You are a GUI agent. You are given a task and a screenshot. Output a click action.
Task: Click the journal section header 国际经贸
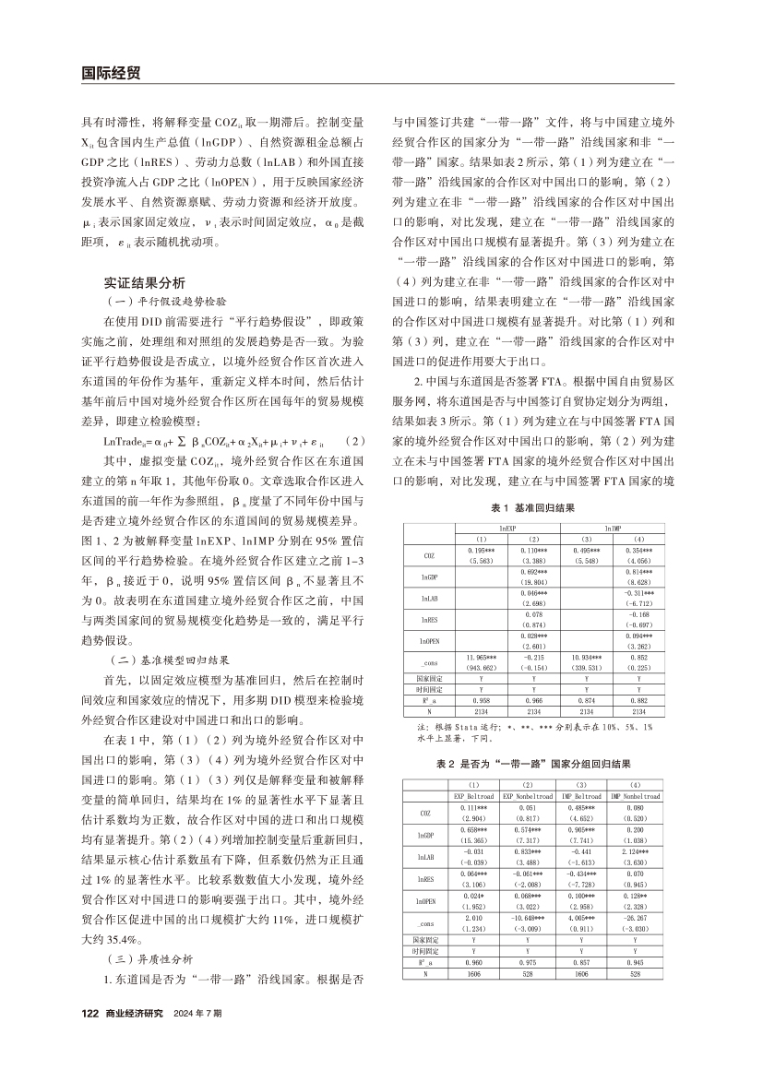[x=110, y=71]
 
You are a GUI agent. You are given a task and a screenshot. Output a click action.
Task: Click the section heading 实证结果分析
[x=145, y=282]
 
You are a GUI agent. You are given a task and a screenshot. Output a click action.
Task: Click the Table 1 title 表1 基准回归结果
[x=533, y=508]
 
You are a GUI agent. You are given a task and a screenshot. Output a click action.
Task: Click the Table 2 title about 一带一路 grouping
[x=533, y=763]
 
